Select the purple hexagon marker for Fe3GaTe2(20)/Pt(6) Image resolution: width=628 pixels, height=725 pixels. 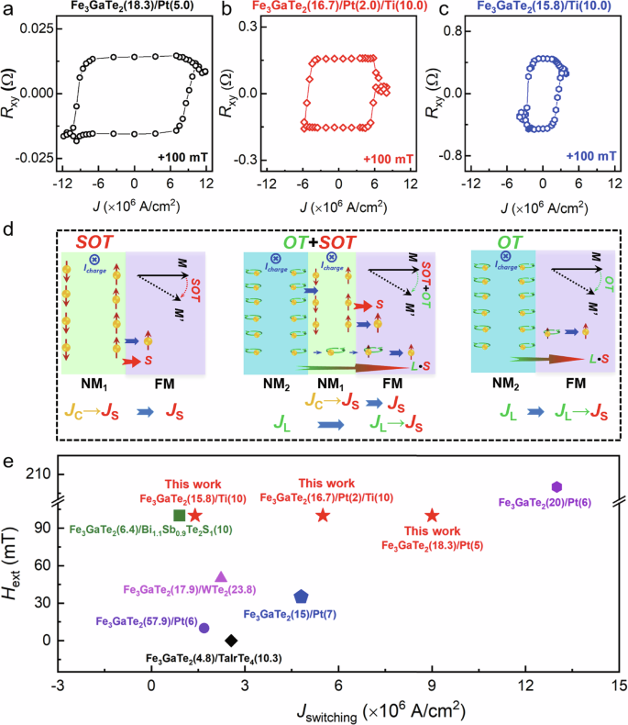(x=556, y=486)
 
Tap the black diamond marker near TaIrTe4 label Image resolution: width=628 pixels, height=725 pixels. (x=231, y=641)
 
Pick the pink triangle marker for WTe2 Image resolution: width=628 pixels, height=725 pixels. (x=220, y=576)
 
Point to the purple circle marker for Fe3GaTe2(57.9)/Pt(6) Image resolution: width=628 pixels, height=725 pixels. (x=204, y=628)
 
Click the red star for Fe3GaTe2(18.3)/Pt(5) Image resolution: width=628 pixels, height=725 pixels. (x=432, y=516)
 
